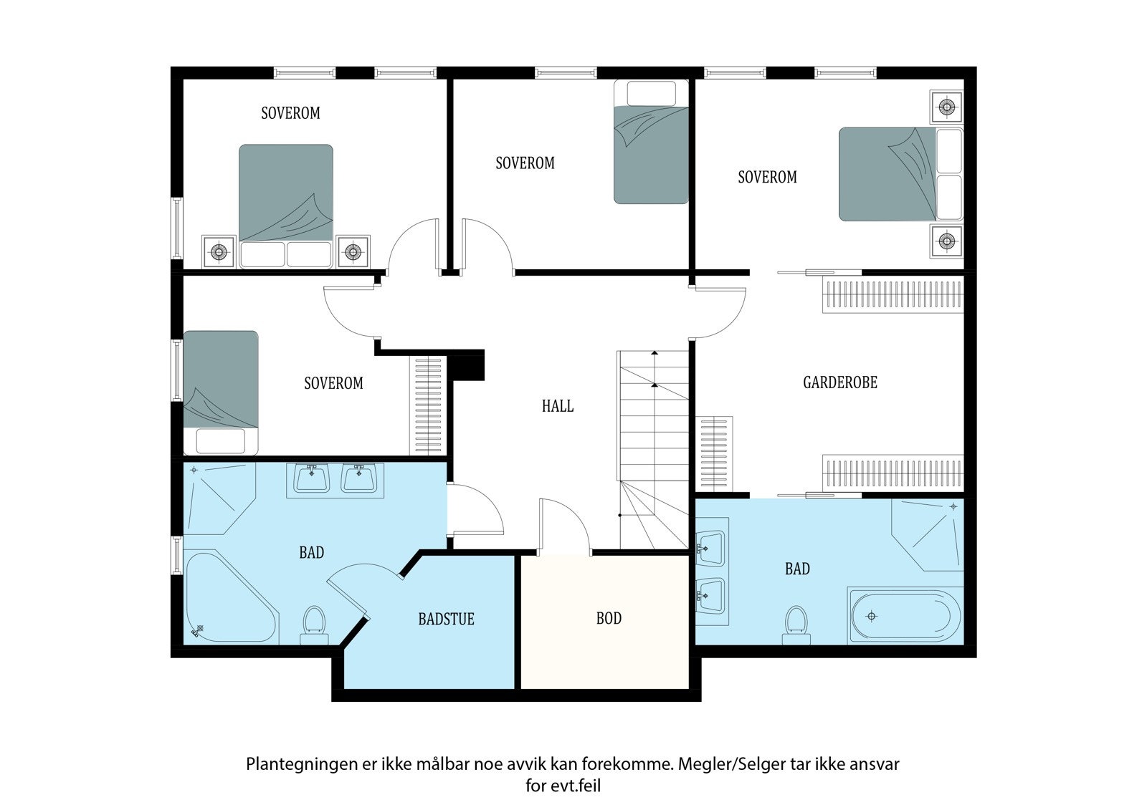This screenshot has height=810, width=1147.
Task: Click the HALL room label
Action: click(558, 406)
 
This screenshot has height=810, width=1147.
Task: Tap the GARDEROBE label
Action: click(839, 382)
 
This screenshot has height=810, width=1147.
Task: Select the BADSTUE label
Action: click(446, 619)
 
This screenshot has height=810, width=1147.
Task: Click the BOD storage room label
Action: click(609, 618)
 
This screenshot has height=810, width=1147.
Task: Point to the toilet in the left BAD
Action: click(315, 625)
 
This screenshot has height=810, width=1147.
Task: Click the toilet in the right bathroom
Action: click(796, 625)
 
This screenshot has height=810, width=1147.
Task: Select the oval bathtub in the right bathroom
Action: click(905, 616)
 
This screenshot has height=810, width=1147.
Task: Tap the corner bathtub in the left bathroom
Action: click(230, 597)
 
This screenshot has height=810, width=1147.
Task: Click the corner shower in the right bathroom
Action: click(928, 535)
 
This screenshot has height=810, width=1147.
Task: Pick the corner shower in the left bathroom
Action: click(219, 498)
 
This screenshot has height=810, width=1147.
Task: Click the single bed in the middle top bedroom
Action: click(652, 142)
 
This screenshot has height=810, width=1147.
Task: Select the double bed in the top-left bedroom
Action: click(286, 206)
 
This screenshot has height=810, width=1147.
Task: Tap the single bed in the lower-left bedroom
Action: click(221, 392)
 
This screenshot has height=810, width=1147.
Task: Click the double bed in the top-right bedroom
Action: click(900, 174)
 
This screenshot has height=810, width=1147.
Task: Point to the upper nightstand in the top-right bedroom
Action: click(947, 107)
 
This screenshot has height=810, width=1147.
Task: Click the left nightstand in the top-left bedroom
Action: click(219, 251)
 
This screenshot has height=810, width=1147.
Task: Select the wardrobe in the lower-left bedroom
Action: click(428, 405)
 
